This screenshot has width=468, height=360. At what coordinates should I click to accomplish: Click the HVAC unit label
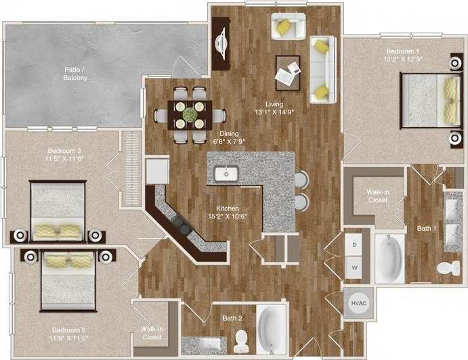356,303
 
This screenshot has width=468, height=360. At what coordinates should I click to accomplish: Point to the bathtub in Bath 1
390,258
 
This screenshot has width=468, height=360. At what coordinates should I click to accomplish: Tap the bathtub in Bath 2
271,328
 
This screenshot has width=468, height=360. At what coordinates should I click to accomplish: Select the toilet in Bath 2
241,340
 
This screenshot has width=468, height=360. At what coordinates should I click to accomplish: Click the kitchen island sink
225,174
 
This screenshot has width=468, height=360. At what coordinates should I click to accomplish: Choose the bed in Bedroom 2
68,279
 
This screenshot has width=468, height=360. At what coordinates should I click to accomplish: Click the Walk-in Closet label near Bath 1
377,196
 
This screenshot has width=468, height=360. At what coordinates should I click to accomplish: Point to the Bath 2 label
232,317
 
